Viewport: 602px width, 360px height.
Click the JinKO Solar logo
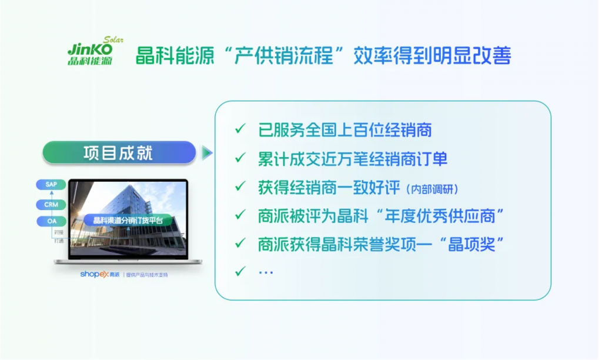click(x=95, y=51)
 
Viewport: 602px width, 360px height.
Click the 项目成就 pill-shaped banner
click(x=119, y=152)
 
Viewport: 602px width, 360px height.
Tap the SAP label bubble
click(x=51, y=185)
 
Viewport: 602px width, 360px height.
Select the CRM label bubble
click(x=51, y=204)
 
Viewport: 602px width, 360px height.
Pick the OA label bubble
click(x=52, y=221)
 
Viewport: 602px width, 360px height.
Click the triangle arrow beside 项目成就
click(x=207, y=153)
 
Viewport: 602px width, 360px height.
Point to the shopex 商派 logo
click(x=100, y=274)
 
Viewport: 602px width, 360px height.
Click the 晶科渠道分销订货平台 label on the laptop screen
click(x=128, y=220)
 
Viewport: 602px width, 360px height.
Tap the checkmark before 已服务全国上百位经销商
click(x=240, y=128)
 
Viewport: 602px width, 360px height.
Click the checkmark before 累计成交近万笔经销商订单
click(x=240, y=157)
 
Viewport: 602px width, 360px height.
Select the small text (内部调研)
click(x=432, y=189)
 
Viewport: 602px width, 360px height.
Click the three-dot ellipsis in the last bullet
click(x=266, y=272)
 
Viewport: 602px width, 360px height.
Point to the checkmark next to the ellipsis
click(x=240, y=271)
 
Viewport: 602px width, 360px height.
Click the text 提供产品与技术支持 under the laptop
click(x=147, y=275)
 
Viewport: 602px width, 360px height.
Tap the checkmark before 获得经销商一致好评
click(x=240, y=186)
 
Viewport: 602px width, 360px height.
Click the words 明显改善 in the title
click(x=472, y=56)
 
